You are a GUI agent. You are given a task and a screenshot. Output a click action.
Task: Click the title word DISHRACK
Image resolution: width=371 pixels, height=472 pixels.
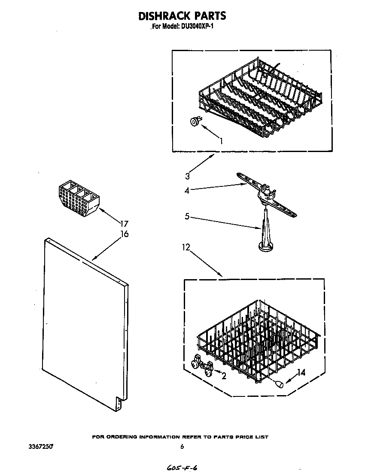click(x=163, y=16)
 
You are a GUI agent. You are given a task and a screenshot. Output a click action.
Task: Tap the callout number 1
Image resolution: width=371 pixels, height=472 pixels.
click(x=221, y=140)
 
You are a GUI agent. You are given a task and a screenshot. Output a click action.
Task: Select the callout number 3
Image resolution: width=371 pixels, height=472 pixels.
click(x=188, y=175)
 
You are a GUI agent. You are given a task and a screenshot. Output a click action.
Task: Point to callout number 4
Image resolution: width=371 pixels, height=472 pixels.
click(x=187, y=191)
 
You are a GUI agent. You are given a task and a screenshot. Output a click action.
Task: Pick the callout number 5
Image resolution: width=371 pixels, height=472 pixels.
click(x=187, y=216)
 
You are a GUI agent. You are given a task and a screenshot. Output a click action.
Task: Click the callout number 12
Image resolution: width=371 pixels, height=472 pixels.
click(x=185, y=247)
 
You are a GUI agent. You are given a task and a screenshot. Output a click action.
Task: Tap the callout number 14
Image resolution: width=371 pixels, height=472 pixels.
click(x=301, y=373)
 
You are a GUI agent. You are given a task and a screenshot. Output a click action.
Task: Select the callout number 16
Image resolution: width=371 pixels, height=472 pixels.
click(x=125, y=234)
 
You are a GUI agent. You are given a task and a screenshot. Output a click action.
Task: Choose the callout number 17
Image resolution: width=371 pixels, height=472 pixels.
click(x=125, y=223)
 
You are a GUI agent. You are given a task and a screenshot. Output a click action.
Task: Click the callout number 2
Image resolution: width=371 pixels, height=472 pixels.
click(x=224, y=376)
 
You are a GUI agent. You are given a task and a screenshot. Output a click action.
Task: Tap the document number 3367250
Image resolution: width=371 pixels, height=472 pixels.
click(x=41, y=447)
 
